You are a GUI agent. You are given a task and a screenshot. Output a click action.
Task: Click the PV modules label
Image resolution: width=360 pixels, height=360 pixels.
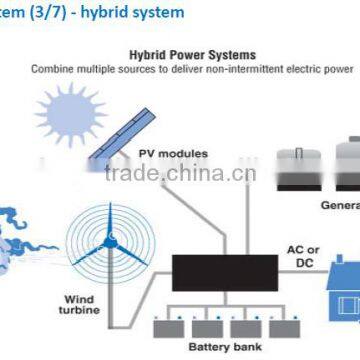pyautogui.click(x=174, y=154)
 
